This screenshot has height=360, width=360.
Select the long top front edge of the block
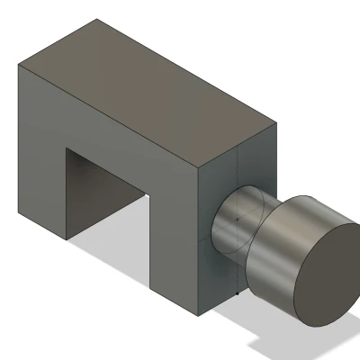[108, 117]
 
